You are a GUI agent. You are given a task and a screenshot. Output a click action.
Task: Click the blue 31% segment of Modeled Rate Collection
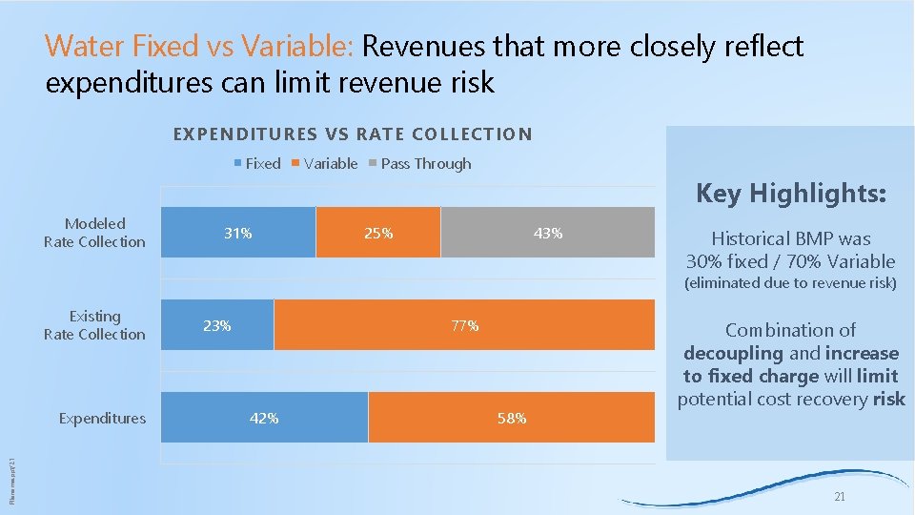237,233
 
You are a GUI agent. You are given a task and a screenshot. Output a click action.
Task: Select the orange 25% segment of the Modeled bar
377,233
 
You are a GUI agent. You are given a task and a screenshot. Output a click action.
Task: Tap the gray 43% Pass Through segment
548,233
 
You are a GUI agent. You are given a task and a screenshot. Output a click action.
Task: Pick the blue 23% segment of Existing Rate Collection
217,325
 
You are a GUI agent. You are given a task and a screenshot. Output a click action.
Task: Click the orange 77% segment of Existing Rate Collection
464,325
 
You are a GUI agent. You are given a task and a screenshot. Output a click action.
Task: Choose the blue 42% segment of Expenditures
264,418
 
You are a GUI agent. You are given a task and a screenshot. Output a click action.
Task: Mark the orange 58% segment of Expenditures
512,418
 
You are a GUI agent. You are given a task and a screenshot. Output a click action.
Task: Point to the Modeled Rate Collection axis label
94,233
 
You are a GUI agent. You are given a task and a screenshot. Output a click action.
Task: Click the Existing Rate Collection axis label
94,325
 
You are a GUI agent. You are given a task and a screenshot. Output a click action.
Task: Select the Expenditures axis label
102,418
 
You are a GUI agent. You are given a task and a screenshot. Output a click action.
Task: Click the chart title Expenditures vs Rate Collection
353,134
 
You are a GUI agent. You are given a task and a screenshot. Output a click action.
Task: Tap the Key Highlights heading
791,195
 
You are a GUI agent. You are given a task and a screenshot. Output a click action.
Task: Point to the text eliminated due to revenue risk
791,283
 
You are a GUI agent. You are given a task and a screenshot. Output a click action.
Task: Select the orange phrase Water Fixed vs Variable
199,46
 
